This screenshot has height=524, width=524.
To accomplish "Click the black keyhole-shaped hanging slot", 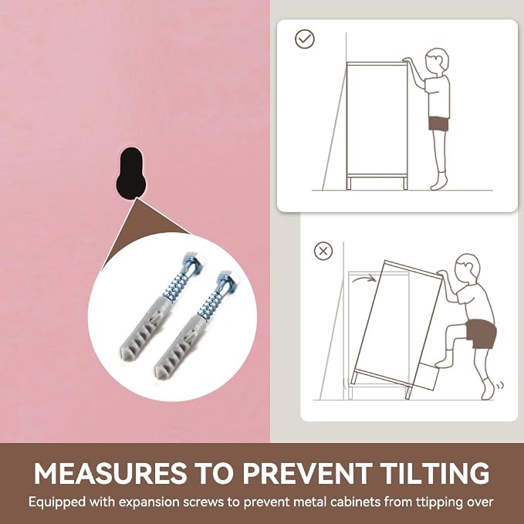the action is click(131, 173).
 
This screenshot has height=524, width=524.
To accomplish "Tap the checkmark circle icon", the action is click(305, 39).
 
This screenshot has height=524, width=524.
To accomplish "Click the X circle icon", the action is click(323, 251).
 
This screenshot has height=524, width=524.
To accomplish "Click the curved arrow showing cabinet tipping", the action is click(364, 279).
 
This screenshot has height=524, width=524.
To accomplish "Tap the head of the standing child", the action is click(436, 61).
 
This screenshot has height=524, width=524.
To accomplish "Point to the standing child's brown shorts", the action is click(439, 123).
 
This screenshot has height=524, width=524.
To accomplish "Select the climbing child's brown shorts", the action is click(481, 333).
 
